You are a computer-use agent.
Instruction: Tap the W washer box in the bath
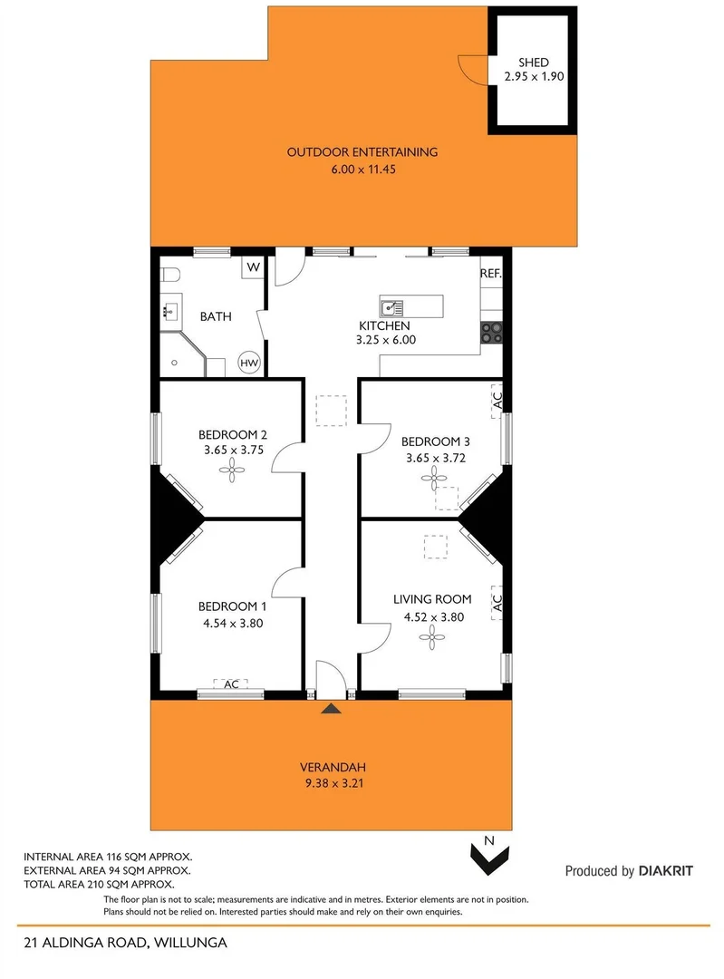point(253,267)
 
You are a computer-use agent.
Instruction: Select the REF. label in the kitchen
point(490,273)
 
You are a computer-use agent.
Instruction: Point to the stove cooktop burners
point(491,334)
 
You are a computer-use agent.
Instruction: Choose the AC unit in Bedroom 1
point(231,684)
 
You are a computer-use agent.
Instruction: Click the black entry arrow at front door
point(333,709)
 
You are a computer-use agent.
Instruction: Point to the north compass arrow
point(488,855)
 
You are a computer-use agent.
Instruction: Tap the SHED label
point(534,63)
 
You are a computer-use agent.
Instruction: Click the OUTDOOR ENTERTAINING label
point(362,152)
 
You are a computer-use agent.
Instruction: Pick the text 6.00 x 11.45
point(362,169)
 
